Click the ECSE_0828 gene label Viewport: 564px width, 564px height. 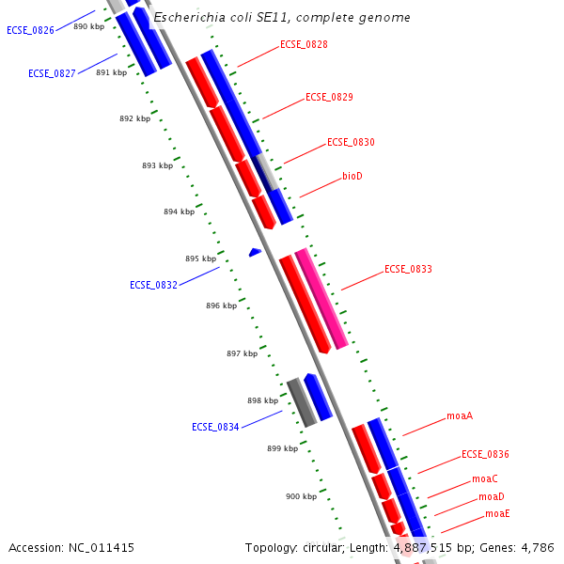pos(304,45)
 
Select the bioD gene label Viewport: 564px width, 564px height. pos(352,177)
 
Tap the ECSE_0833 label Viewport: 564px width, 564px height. pos(408,270)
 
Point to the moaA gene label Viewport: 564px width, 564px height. pos(460,415)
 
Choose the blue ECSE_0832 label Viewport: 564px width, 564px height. pos(153,285)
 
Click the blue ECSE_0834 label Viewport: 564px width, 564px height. pos(215,427)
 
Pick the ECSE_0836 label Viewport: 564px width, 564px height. pos(485,455)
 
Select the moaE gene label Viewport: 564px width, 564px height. pos(497,514)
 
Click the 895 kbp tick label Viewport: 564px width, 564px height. pos(200,258)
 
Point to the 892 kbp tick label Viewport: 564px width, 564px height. pos(134,119)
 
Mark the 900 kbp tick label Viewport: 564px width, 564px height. pos(301,496)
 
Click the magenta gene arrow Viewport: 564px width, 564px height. pos(321,299)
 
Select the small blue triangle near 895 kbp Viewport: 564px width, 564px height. pos(254,252)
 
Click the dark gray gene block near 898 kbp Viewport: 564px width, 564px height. pos(301,402)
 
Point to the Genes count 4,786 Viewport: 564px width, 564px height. pos(535,547)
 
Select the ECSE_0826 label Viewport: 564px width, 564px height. pos(30,30)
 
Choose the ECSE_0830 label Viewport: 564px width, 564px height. pos(351,143)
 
